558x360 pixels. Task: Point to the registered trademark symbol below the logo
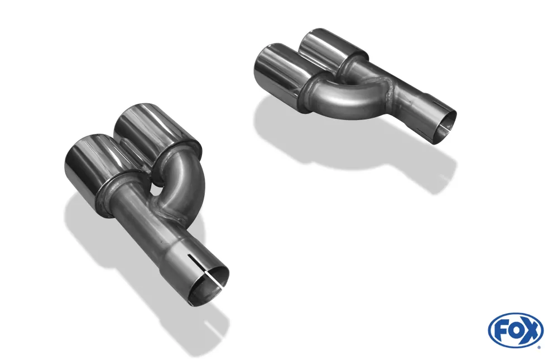coord(538,347)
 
